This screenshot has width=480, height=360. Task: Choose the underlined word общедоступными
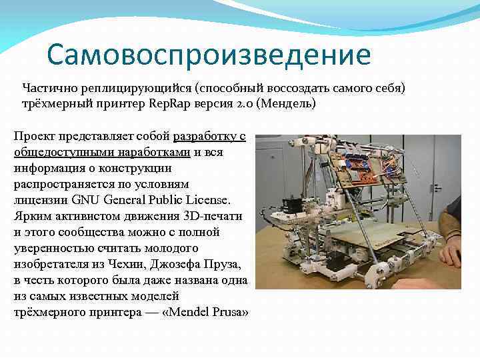(58, 153)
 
